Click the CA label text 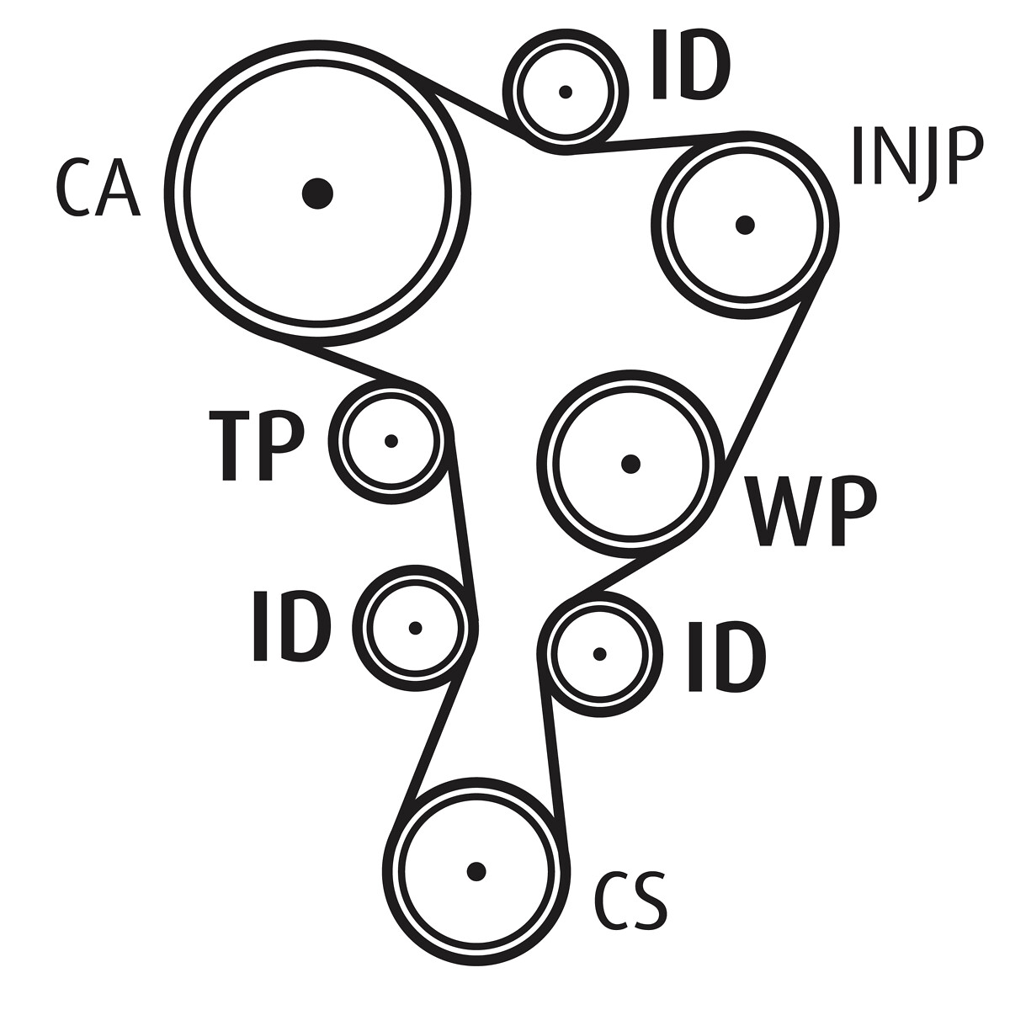(96, 189)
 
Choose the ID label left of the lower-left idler (290, 627)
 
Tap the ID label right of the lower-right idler (726, 656)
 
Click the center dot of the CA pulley (317, 194)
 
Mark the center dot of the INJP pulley (744, 225)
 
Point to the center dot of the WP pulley (630, 463)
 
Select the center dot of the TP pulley (391, 440)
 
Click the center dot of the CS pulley (476, 871)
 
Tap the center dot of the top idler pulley (566, 92)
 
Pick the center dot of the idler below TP (414, 628)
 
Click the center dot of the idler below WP (599, 654)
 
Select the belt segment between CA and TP (345, 363)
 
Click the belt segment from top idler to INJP (648, 143)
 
